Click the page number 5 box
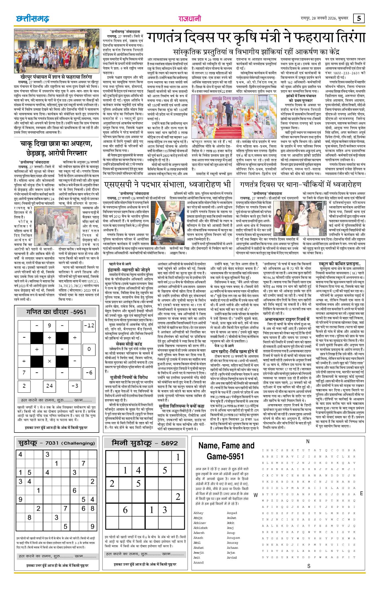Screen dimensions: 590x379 (359, 18)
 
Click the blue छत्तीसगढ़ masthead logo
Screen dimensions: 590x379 (32, 19)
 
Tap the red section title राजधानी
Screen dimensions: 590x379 (189, 18)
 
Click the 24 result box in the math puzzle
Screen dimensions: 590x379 (49, 386)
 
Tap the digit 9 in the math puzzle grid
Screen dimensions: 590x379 (49, 325)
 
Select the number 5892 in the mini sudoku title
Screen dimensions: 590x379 (170, 443)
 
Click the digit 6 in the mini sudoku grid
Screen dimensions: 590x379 (125, 510)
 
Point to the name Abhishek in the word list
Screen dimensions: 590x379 (200, 528)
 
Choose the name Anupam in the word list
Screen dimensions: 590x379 (233, 538)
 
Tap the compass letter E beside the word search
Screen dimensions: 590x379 (361, 493)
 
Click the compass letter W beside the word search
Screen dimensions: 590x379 (256, 495)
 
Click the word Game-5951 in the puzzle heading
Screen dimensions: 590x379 (225, 456)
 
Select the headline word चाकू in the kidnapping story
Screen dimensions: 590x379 (27, 144)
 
